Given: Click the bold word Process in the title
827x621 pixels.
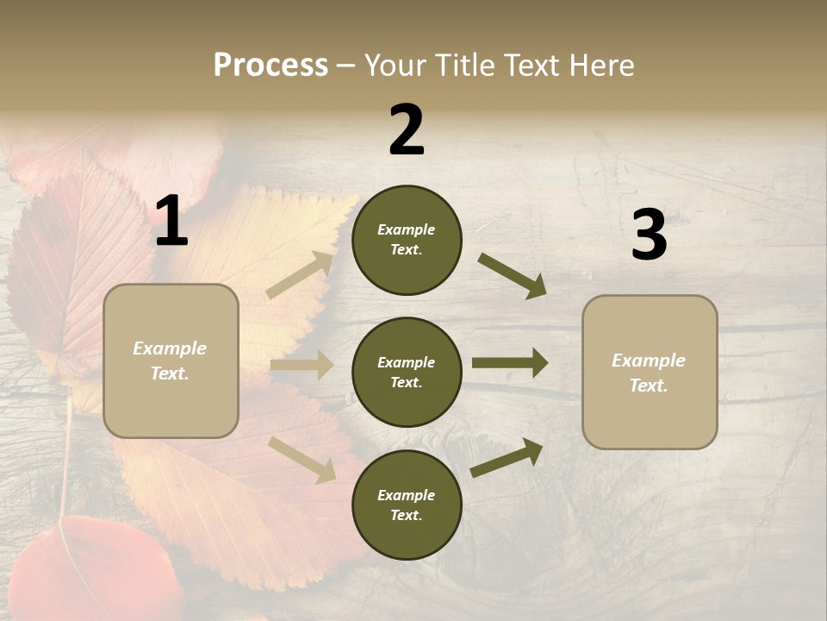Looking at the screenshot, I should coord(270,65).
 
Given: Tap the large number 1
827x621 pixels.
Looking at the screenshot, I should coord(171,222).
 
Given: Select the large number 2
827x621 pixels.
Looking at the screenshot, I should coord(407,130).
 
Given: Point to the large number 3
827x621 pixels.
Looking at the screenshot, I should coord(649,235).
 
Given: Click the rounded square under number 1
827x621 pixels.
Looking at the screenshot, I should coord(171,361).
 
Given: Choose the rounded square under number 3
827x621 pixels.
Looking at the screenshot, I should coord(650,373).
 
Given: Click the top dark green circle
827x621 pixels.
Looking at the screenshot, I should coord(407,240).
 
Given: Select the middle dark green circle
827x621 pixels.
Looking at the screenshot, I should coord(407,373).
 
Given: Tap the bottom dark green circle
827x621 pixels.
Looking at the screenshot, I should coord(407,505).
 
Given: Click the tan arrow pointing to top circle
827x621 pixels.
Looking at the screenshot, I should coord(300,275).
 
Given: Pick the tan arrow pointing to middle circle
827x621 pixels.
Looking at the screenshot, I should coord(302,365).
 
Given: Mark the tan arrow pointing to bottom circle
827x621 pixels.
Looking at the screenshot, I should coord(302,459).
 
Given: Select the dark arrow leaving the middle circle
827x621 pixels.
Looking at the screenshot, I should coord(510,363).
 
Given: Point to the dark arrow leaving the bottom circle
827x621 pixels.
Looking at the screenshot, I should coord(507,457).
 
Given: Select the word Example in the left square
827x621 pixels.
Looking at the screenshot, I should coord(170,348).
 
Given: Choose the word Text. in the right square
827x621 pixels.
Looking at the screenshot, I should coord(649,386).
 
